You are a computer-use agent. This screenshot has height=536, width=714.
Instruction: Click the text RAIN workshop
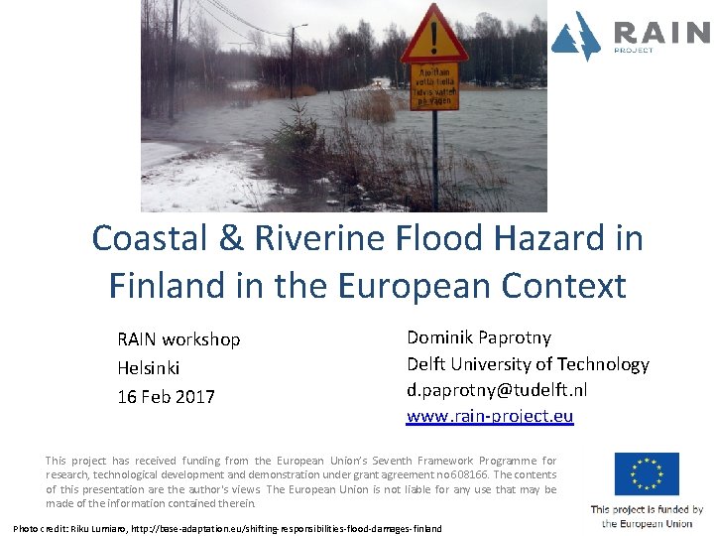(178, 339)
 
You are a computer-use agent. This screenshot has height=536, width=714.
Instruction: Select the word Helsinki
(149, 368)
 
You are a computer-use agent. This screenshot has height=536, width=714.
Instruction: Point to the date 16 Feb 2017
(166, 397)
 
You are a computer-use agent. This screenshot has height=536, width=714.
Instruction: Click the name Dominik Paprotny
(479, 337)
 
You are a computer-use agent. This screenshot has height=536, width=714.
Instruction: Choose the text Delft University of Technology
(528, 364)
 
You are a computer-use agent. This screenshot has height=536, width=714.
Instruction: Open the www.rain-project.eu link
(490, 417)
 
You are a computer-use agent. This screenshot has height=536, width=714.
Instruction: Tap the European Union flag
(647, 473)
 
